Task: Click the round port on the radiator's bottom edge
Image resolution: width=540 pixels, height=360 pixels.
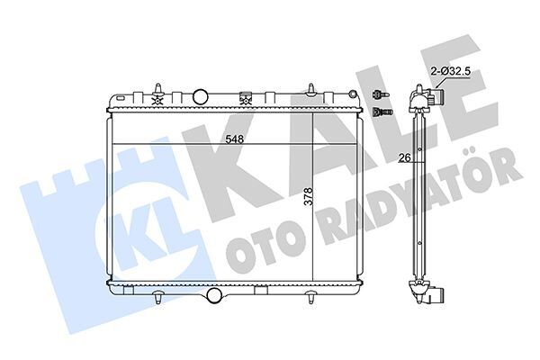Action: [214, 295]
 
